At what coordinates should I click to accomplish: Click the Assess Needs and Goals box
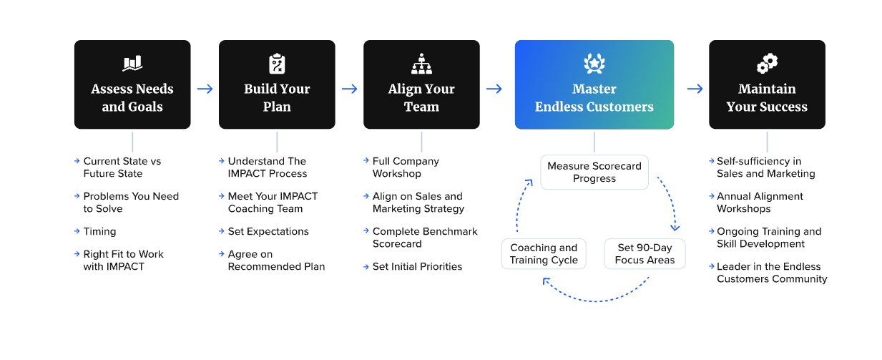132,84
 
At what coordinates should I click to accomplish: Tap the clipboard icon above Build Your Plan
277,64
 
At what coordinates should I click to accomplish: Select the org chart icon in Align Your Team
421,64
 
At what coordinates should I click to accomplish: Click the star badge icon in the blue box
594,64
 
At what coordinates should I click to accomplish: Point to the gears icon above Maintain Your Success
767,64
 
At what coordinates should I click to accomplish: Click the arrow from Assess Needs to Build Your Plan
205,89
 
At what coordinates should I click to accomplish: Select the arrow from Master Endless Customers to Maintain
695,89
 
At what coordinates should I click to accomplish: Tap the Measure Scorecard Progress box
594,172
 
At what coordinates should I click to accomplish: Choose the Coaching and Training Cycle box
544,254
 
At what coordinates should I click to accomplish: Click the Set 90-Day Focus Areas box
645,254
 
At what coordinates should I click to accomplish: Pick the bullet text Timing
99,231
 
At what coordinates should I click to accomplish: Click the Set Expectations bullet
268,231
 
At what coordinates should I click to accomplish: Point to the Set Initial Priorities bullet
417,266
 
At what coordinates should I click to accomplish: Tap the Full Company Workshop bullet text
406,167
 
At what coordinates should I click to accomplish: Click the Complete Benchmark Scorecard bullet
425,238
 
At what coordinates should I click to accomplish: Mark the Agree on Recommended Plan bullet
276,261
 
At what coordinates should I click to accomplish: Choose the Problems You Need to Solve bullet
131,203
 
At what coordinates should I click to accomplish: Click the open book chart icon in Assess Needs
132,64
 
